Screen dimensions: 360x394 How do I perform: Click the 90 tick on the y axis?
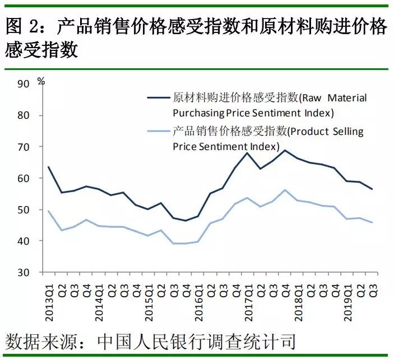click(24, 84)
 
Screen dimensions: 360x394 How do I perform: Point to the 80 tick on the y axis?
click(24, 115)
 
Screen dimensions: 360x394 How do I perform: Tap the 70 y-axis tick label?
click(24, 147)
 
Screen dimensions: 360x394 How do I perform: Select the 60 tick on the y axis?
click(24, 178)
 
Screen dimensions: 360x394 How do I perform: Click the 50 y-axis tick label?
click(24, 210)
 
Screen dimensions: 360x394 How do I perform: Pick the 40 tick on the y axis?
click(24, 241)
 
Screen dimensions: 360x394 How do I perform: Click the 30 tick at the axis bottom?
click(24, 273)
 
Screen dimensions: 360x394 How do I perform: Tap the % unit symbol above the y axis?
click(40, 81)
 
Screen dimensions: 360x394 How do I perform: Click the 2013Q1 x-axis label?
click(49, 300)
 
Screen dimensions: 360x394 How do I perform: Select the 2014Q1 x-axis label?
click(99, 300)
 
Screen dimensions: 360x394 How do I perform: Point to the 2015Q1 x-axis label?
click(149, 300)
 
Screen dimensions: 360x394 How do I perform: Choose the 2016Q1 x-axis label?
click(198, 300)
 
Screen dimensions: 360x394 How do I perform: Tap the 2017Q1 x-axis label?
click(248, 300)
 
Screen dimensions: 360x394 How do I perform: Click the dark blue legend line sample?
click(159, 98)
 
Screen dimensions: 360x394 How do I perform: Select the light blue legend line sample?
click(159, 132)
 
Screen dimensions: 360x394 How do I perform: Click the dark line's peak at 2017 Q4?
click(285, 150)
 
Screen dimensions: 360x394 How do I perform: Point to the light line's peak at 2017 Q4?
click(285, 190)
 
